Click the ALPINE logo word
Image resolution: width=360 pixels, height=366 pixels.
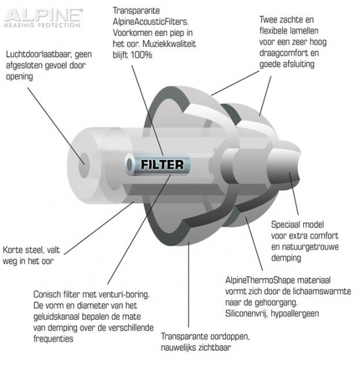tap(44, 15)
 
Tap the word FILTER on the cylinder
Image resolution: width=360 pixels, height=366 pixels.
tap(162, 165)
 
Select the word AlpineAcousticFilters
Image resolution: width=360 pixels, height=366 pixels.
tap(151, 22)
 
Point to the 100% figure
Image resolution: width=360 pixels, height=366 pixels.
tap(141, 55)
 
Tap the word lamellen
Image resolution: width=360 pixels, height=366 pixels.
tap(304, 31)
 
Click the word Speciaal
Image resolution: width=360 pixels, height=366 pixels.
tap(286, 225)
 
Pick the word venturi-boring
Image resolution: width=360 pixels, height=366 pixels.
tap(124, 295)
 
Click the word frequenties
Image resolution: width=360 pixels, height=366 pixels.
tap(53, 339)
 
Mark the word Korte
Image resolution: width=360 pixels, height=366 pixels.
tap(12, 250)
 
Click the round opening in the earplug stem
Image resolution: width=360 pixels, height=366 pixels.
tap(84, 165)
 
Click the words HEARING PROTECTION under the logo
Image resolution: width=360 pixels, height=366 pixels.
tap(42, 25)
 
